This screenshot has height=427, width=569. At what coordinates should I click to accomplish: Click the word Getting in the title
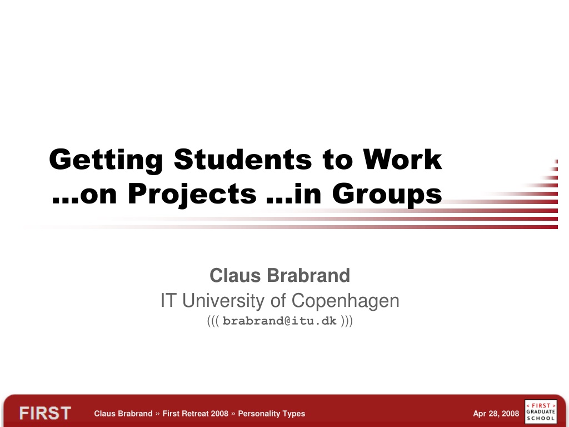[x=106, y=160]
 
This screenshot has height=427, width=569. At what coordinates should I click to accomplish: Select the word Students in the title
[x=243, y=159]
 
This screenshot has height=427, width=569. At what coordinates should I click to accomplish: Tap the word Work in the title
[x=402, y=159]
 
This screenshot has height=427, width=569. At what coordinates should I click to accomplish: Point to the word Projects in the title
[x=192, y=194]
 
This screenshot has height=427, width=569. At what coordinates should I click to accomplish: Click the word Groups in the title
[x=387, y=194]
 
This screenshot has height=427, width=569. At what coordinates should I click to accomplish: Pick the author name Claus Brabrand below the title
[x=280, y=275]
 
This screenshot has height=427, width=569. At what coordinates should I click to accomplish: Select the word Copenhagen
[x=345, y=301]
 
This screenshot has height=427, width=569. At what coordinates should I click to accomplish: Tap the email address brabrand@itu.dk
[x=279, y=321]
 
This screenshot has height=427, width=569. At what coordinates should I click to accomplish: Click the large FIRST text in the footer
[x=45, y=414]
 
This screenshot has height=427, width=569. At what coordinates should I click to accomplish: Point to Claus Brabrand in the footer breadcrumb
[x=123, y=414]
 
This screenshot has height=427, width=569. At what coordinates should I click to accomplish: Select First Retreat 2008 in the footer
[x=195, y=414]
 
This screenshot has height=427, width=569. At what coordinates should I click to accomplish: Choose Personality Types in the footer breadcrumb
[x=271, y=414]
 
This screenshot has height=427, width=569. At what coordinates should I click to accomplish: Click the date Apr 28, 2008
[x=496, y=414]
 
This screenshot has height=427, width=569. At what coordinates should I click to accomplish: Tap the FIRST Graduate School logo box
[x=541, y=411]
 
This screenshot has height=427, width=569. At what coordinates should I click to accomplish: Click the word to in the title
[x=337, y=160]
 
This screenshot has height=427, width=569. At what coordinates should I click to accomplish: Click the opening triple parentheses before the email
[x=213, y=321]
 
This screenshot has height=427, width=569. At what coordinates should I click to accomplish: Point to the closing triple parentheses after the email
[x=347, y=321]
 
